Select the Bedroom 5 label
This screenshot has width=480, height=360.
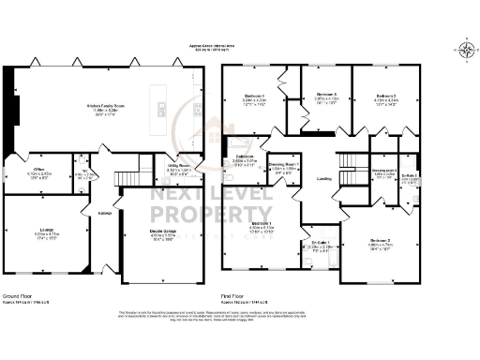point(325,96)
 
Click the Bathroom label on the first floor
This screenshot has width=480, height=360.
point(245,156)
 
